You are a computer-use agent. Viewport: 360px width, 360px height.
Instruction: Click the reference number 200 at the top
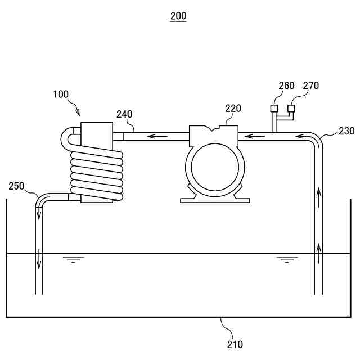(x=178, y=16)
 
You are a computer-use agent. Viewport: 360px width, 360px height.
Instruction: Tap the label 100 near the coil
(x=61, y=94)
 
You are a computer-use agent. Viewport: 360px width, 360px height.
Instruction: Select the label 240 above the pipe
(x=124, y=114)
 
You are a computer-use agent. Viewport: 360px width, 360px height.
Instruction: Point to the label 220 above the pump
(x=233, y=108)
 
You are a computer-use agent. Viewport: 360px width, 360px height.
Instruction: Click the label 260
(x=286, y=86)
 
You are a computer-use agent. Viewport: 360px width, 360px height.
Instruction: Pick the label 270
(x=310, y=86)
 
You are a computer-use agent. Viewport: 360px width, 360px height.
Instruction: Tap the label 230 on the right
(x=346, y=131)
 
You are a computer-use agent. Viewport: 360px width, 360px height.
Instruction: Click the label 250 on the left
(x=17, y=186)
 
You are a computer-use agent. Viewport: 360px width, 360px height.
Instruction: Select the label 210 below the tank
(x=236, y=344)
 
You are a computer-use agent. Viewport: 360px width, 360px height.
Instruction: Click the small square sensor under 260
(x=274, y=108)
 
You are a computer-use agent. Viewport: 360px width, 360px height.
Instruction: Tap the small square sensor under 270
(x=291, y=108)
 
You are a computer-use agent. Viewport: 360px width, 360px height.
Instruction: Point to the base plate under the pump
(x=215, y=200)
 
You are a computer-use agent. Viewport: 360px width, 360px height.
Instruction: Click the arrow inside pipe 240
(x=160, y=136)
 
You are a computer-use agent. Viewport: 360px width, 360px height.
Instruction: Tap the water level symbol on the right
(x=287, y=260)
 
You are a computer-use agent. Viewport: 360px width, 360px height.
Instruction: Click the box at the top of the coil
(x=97, y=135)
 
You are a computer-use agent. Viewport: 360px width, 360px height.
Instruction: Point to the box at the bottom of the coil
(x=97, y=197)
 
